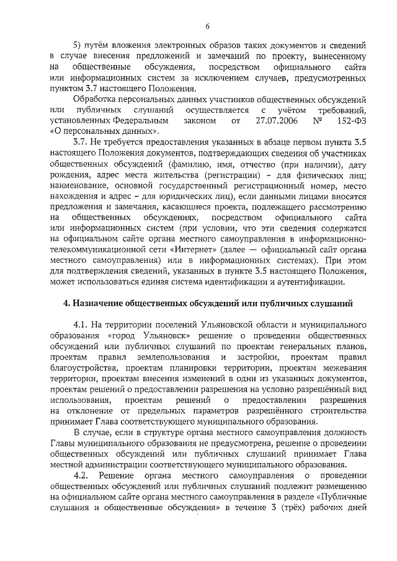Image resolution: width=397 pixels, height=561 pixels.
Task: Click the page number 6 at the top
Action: click(207, 26)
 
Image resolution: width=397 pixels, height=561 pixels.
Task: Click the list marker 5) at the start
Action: click(78, 45)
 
